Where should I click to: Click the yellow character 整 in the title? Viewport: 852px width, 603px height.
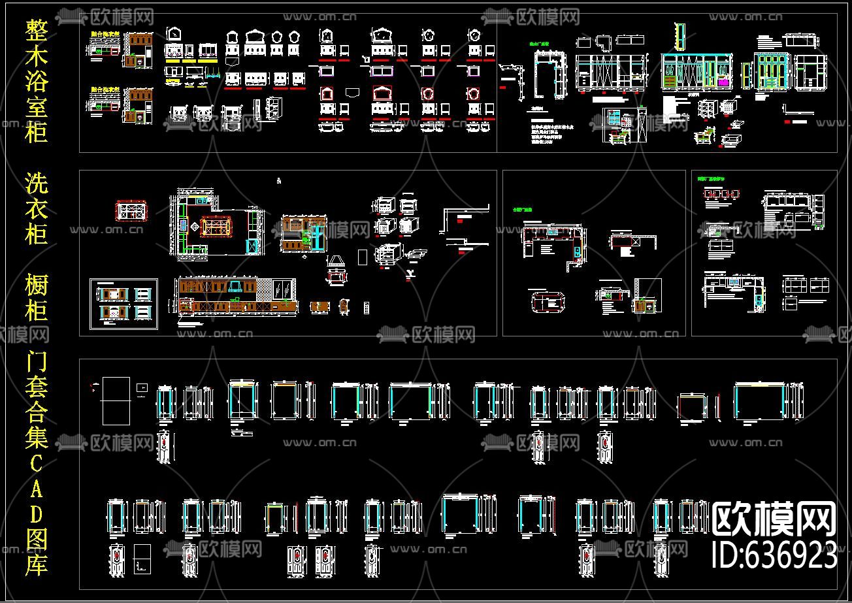[x=37, y=30]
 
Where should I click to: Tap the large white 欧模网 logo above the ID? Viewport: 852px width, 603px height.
[x=774, y=519]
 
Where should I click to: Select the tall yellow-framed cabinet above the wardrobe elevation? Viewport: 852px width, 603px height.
[x=681, y=37]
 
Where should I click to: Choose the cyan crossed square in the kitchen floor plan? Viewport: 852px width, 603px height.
[x=251, y=246]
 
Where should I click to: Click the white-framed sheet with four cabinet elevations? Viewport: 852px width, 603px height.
[x=123, y=304]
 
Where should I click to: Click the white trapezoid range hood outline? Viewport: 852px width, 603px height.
[x=336, y=261]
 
